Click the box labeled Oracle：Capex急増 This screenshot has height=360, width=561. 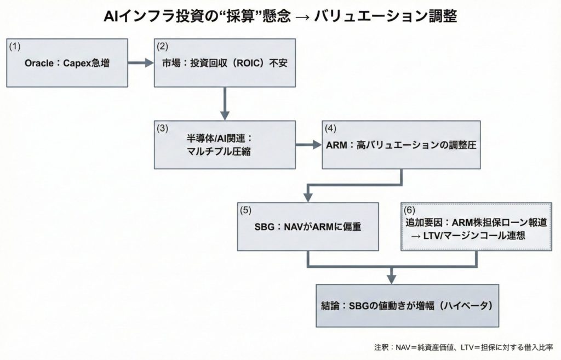point(67,63)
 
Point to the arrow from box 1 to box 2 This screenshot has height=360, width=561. point(141,63)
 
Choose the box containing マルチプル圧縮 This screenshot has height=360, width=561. point(225,145)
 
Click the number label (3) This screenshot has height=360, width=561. point(162,129)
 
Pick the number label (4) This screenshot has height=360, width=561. point(330,129)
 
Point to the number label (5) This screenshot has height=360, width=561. point(247,209)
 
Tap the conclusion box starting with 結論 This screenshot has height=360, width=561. point(408,305)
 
